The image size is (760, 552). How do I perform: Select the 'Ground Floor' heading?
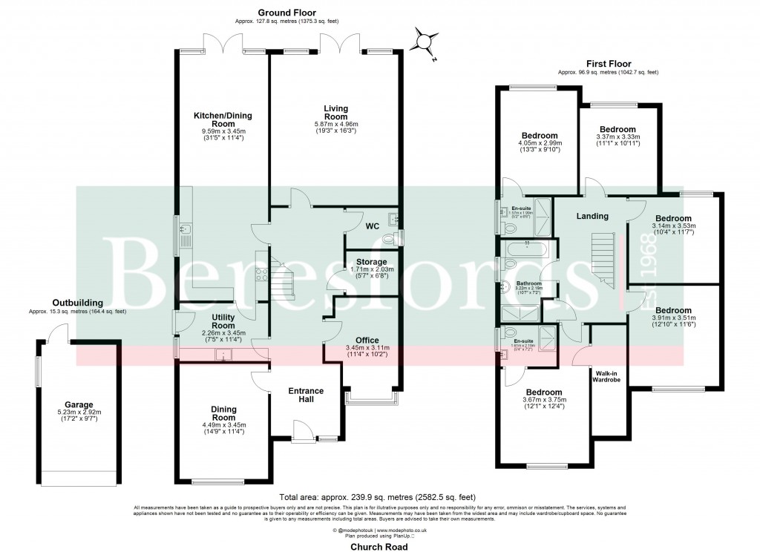286,13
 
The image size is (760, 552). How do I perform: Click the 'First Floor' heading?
608,64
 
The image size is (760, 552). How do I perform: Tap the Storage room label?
370,262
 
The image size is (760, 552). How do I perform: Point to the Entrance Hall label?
306,395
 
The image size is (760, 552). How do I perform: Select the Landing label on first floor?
592,217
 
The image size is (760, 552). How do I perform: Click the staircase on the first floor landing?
601,256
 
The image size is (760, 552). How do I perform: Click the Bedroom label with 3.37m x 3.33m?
617,129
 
